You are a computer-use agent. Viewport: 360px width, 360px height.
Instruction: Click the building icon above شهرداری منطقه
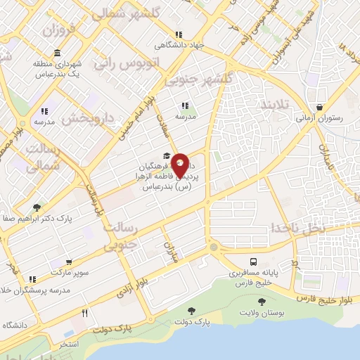[x=56, y=54]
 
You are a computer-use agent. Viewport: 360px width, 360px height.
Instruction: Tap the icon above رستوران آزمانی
[x=321, y=108]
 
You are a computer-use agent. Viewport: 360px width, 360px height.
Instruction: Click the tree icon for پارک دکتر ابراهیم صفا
[x=36, y=207]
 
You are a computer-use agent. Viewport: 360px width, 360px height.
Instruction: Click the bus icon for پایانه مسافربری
[x=253, y=259]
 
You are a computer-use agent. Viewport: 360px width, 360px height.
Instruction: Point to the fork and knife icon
[x=85, y=313]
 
